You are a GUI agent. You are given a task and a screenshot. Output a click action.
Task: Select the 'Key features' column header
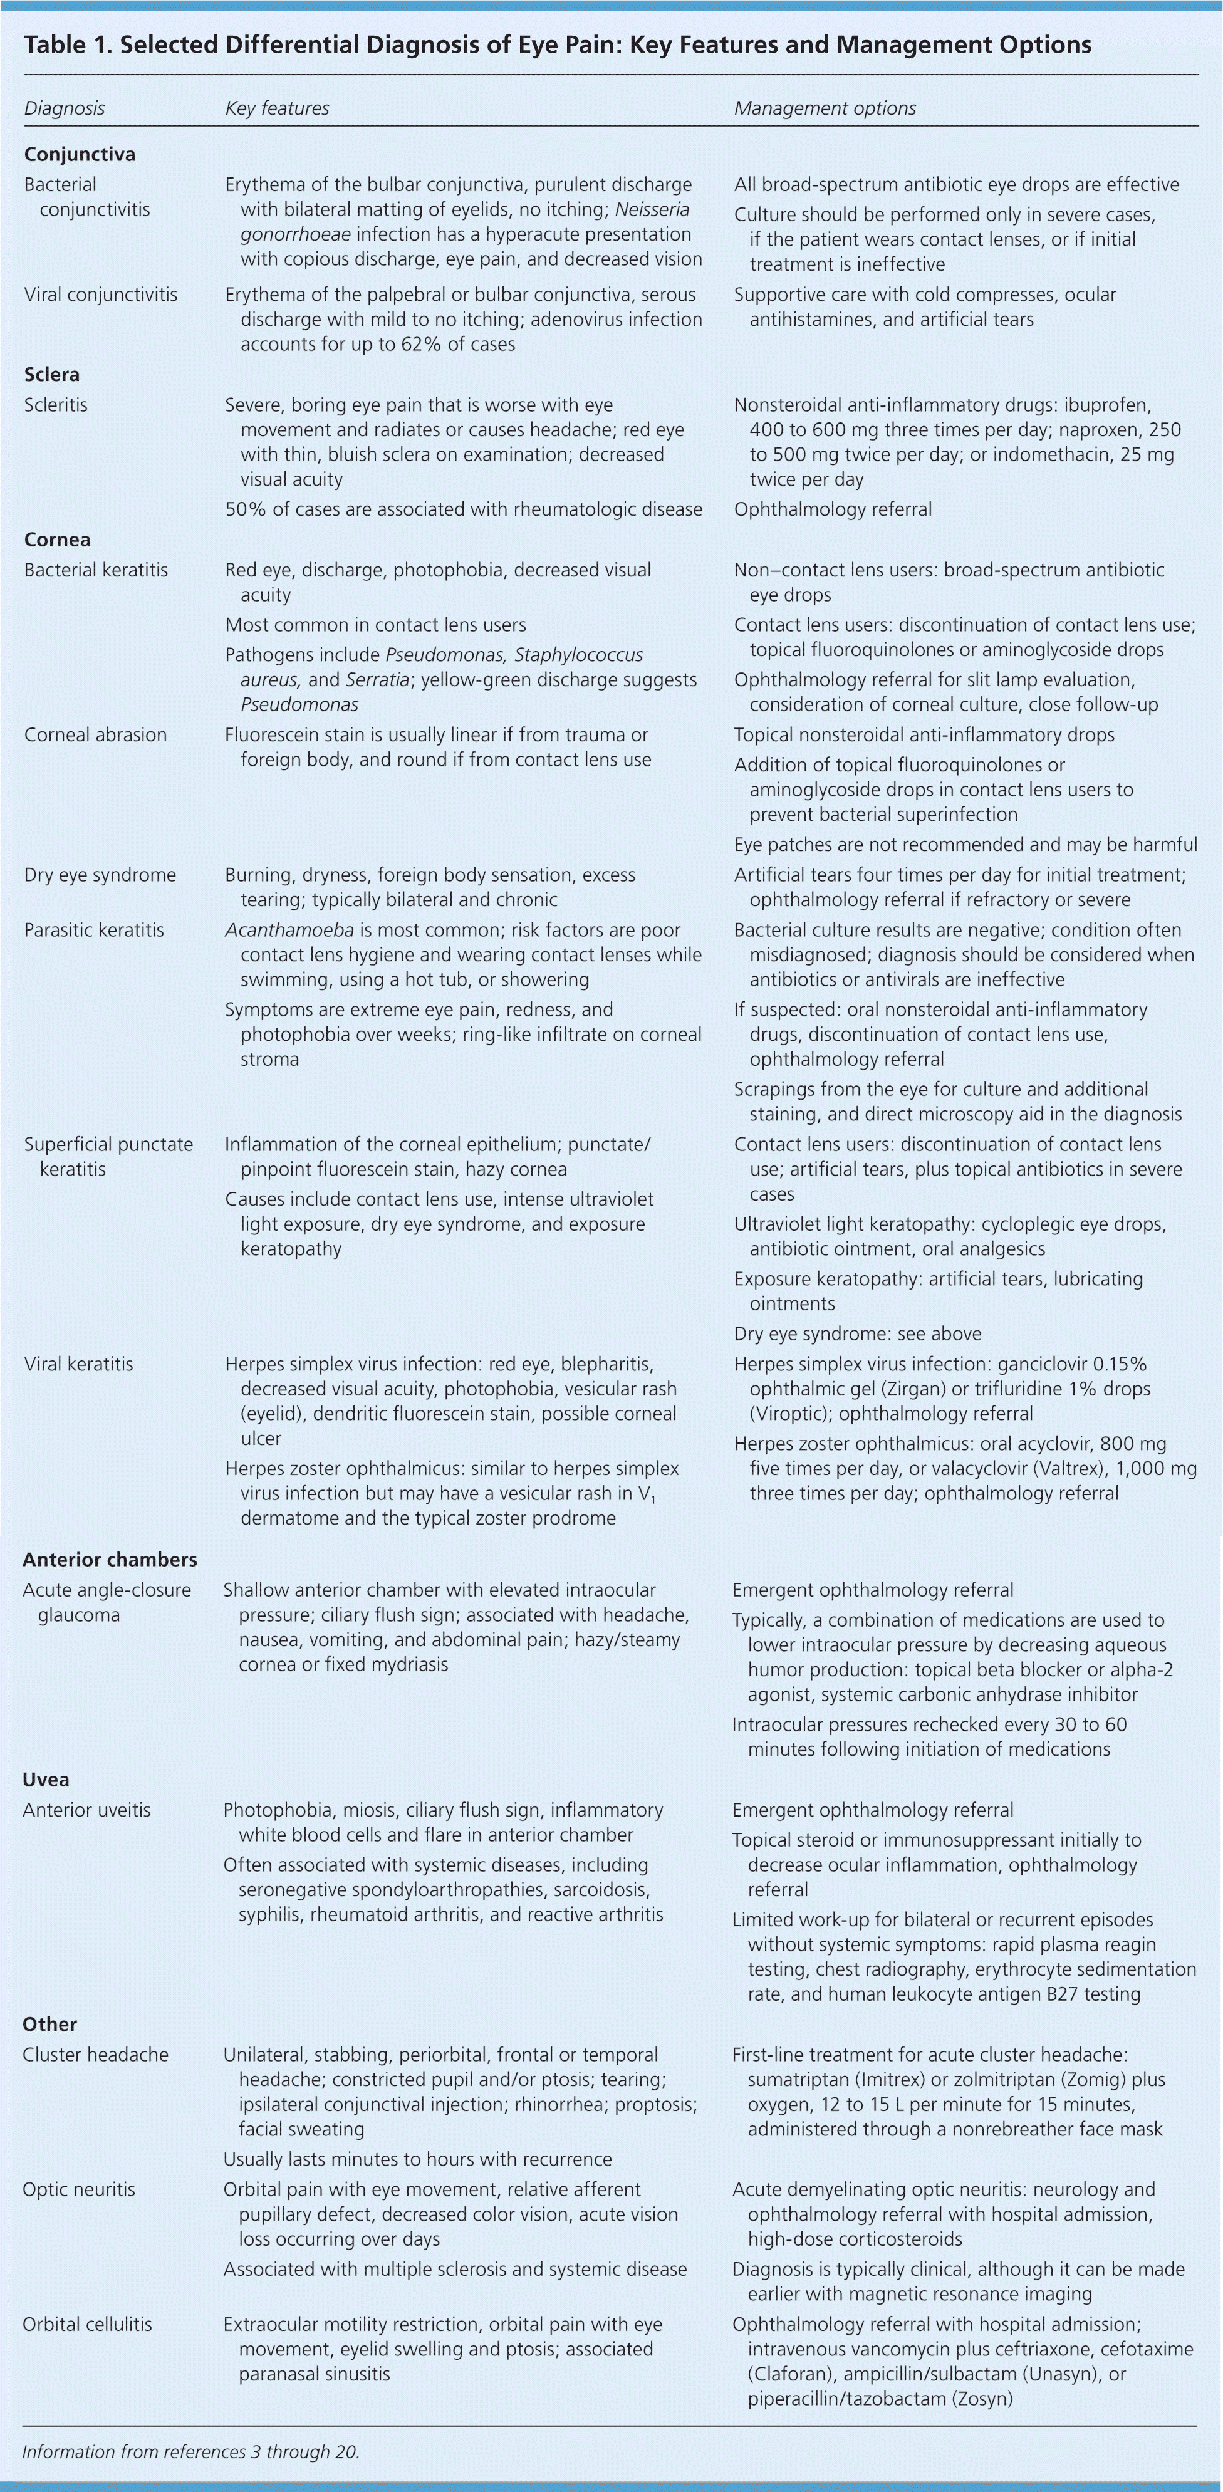(x=277, y=108)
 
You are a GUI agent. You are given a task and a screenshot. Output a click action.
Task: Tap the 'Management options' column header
(x=825, y=108)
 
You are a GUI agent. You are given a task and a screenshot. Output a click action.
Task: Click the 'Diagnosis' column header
(x=64, y=108)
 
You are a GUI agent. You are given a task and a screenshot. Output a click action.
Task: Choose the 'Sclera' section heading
(x=51, y=374)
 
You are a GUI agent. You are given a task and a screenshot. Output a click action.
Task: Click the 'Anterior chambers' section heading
(x=110, y=1560)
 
